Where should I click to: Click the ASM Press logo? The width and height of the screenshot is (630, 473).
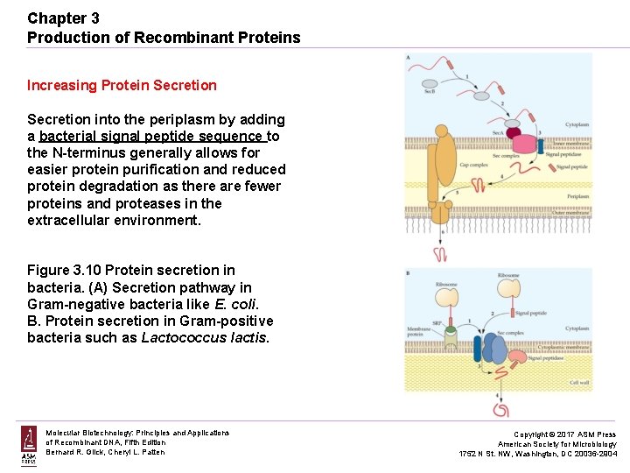(29, 444)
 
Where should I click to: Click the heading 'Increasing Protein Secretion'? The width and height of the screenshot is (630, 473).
(122, 85)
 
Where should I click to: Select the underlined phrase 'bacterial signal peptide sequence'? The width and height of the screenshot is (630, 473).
(151, 136)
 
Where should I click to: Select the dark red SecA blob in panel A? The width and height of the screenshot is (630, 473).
(520, 137)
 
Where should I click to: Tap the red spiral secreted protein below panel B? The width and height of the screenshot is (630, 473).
(503, 407)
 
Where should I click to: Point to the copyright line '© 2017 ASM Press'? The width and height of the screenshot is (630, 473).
(563, 434)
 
